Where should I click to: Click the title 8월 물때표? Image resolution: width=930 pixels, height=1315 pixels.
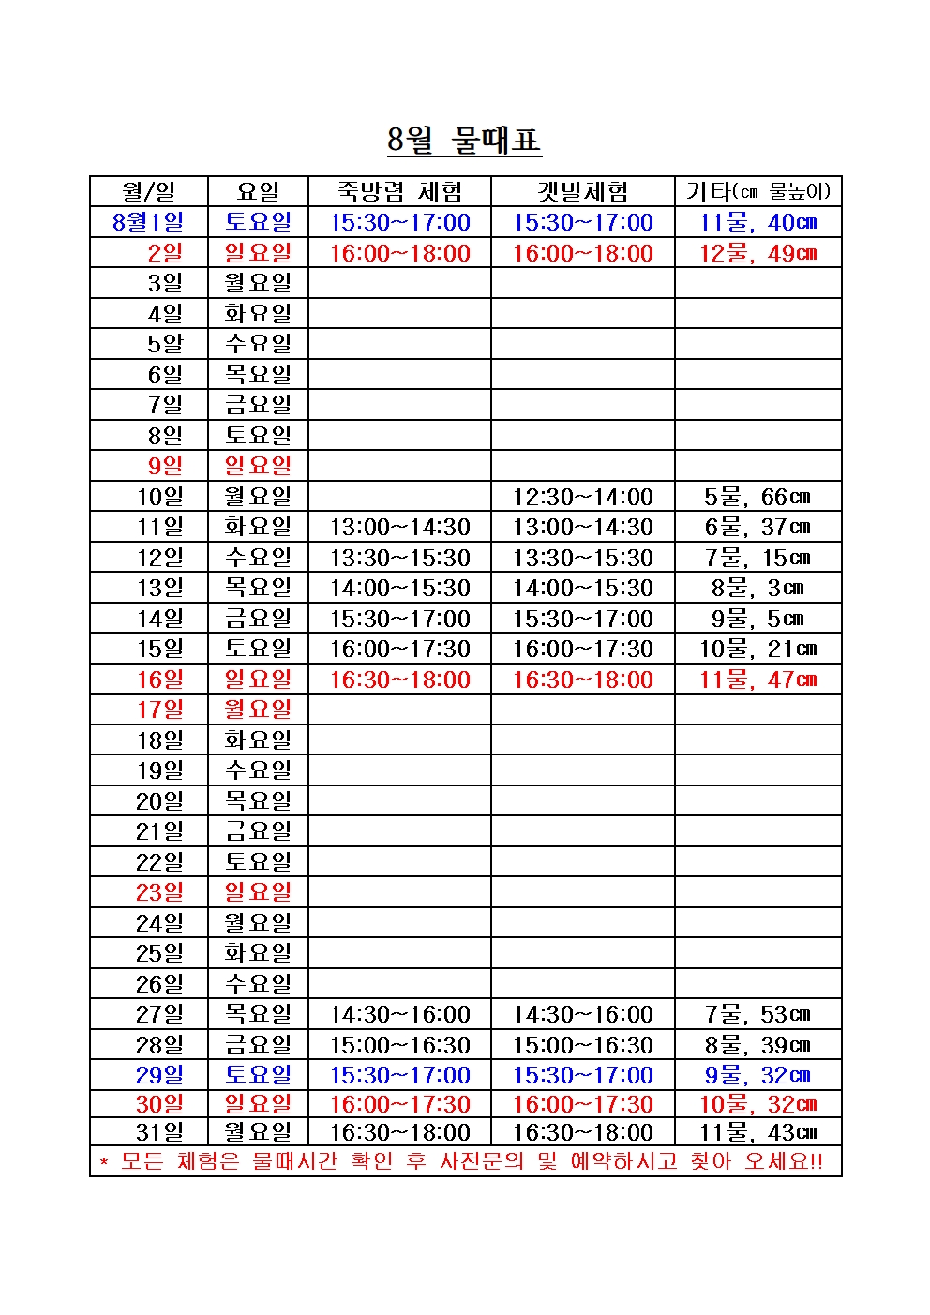464,140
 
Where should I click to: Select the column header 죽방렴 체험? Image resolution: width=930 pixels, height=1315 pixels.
399,192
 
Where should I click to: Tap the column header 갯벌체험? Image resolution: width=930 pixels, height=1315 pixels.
582,192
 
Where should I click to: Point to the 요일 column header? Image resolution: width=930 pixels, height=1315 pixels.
258,192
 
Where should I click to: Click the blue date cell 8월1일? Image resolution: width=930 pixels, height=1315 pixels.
148,222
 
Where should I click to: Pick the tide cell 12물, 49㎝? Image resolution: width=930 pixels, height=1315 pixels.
757,253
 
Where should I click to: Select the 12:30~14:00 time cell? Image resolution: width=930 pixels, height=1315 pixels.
582,497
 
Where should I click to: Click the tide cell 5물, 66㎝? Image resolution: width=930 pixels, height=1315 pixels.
757,497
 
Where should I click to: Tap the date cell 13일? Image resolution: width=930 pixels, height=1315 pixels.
160,588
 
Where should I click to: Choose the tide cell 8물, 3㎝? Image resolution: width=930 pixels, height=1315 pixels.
757,588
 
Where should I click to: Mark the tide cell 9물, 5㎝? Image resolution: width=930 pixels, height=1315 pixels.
757,619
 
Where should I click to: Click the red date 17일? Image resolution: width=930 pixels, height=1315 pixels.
160,710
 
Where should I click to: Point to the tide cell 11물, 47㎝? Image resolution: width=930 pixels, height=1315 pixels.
757,680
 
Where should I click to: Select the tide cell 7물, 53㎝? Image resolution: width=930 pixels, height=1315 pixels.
757,1014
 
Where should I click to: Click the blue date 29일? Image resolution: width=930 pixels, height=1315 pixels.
160,1075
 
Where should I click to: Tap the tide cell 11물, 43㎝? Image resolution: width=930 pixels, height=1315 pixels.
757,1132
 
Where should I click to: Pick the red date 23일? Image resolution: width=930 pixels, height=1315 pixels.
160,892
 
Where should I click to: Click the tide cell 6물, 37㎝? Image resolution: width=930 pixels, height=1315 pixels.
757,527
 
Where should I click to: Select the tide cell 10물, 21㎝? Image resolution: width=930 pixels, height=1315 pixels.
757,649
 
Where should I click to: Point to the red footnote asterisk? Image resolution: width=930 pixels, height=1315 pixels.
104,1163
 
